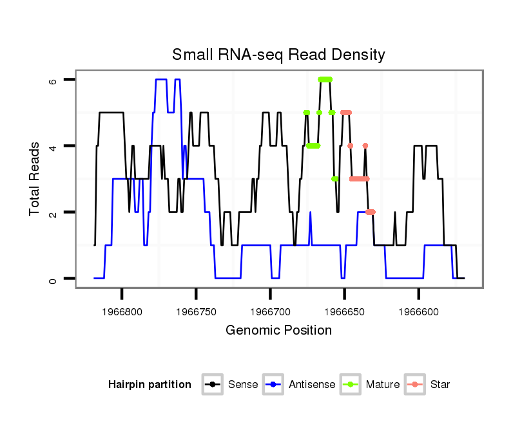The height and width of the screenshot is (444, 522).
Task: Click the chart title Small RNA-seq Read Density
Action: tap(278, 55)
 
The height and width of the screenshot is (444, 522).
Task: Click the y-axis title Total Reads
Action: tap(35, 179)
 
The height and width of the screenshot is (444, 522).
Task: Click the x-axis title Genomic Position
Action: tap(278, 331)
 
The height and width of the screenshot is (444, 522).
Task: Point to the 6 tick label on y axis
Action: tap(53, 80)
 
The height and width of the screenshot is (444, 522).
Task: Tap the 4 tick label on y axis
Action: tap(53, 146)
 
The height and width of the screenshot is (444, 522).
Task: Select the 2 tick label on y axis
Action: tap(53, 212)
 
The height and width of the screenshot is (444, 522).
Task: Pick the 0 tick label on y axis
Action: tap(53, 279)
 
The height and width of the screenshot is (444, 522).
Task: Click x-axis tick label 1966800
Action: tap(122, 311)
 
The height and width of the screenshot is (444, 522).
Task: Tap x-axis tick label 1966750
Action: tap(196, 311)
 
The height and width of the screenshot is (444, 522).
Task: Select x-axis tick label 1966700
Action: tap(270, 311)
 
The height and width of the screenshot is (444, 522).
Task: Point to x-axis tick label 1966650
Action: tap(344, 311)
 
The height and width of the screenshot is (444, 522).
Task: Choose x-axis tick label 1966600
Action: tap(418, 311)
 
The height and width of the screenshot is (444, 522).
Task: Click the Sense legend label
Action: tap(243, 385)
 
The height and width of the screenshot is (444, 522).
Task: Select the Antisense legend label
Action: tap(312, 385)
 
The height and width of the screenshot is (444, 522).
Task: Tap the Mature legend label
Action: tap(382, 385)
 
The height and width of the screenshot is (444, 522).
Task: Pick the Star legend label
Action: tap(440, 385)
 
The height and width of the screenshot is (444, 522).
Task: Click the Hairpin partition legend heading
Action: tap(150, 385)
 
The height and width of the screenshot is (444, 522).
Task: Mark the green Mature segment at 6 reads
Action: tap(325, 79)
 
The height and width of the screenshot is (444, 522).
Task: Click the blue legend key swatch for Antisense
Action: tap(273, 385)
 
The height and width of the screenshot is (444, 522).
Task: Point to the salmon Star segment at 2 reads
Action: tap(370, 212)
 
